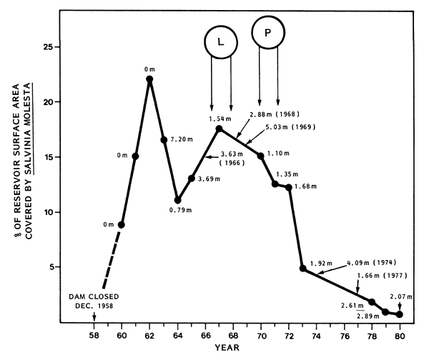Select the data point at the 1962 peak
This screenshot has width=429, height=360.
(149, 79)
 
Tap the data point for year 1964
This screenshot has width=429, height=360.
(177, 201)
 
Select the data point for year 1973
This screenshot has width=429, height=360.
(303, 269)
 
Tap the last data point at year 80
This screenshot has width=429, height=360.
(400, 314)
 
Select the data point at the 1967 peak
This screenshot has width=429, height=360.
(219, 129)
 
